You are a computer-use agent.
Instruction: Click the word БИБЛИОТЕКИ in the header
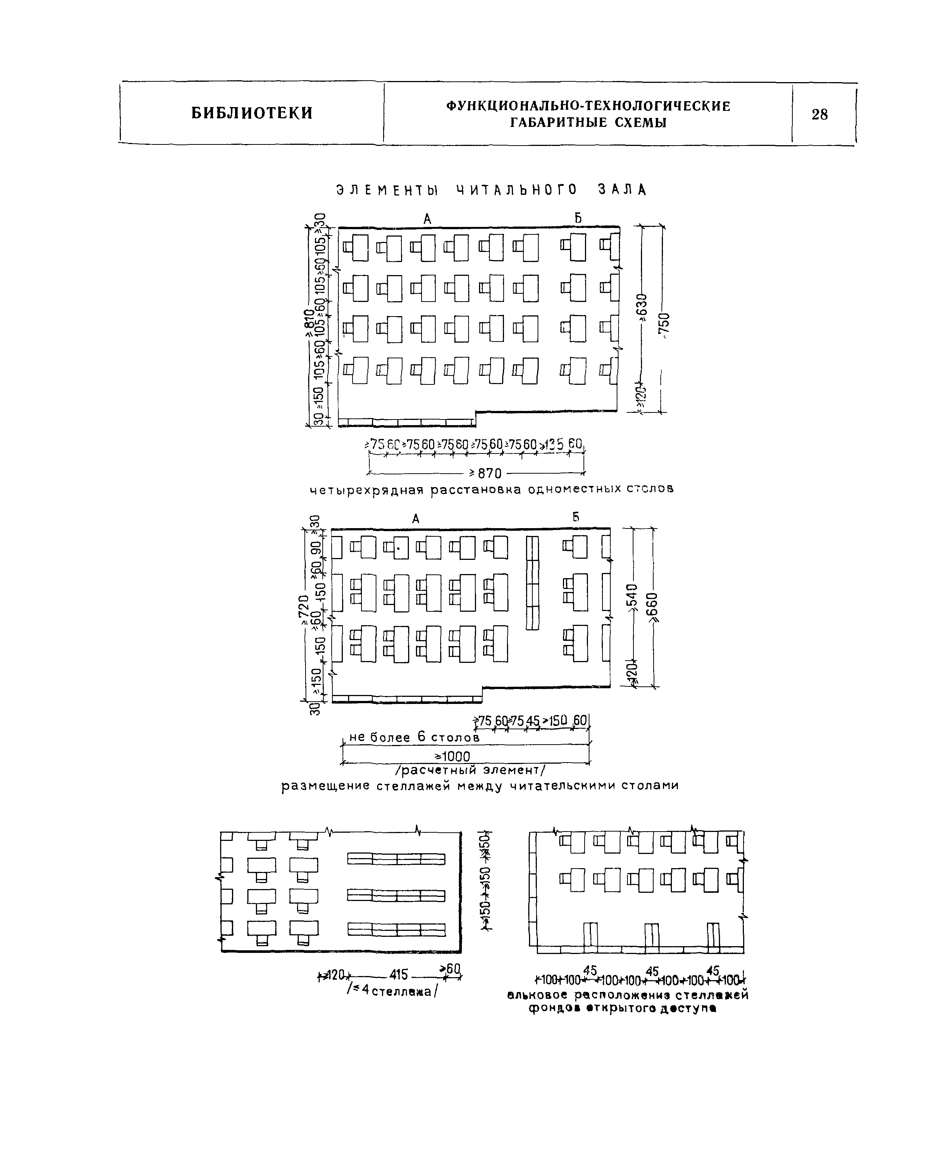252,113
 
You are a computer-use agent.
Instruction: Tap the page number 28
820,114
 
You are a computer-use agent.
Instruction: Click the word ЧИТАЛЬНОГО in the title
517,190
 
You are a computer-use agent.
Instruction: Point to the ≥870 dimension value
486,473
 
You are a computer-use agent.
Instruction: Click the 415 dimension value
399,975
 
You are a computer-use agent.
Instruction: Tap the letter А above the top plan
427,219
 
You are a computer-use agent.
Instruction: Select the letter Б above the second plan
576,517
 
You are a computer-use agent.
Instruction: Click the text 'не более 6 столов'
414,737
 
